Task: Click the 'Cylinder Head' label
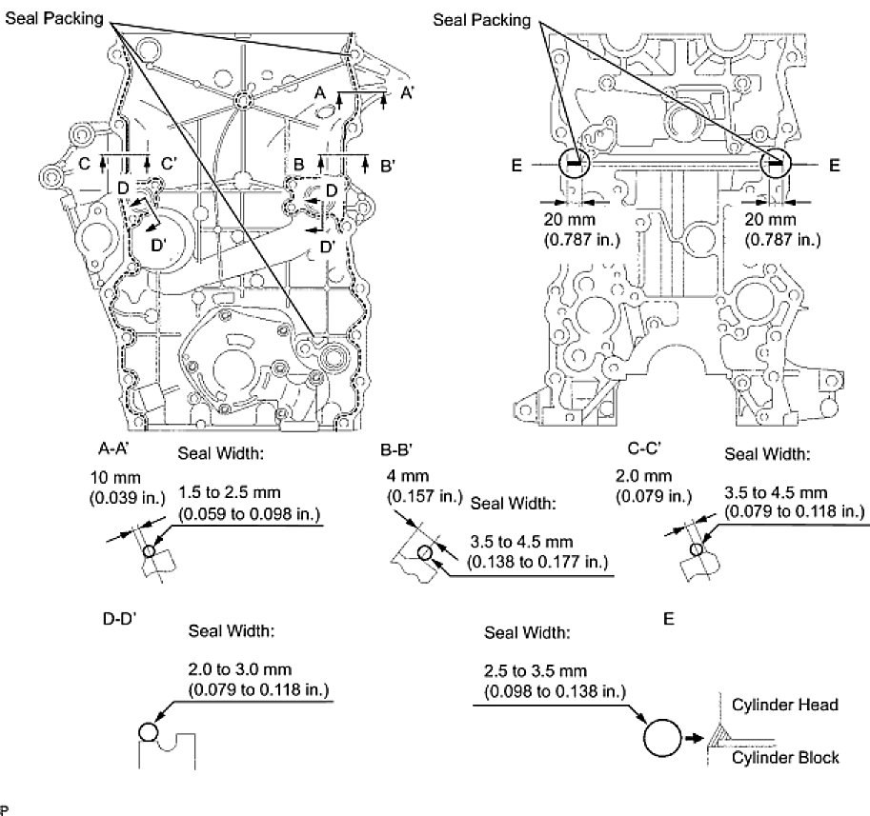[x=785, y=705]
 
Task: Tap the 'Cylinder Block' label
[x=786, y=757]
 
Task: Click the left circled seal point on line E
[x=573, y=164]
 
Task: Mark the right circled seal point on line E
[x=777, y=164]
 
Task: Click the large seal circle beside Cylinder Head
[x=664, y=737]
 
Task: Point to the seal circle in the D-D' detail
[x=148, y=731]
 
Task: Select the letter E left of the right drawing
[x=516, y=165]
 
